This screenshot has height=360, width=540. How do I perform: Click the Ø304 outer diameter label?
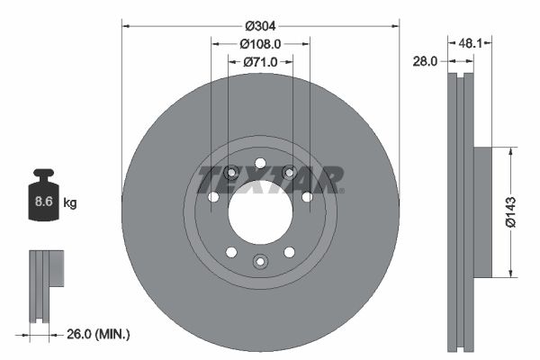click(260, 25)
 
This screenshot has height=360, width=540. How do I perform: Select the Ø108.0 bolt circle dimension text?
click(260, 43)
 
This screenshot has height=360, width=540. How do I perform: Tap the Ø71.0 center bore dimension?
click(260, 62)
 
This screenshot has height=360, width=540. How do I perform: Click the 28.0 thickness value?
click(426, 62)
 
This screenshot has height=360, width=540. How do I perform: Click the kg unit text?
click(70, 203)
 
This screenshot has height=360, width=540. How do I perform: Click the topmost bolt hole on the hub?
click(260, 163)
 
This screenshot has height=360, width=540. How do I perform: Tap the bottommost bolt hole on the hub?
click(260, 261)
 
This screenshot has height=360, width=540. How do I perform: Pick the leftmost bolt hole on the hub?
click(213, 197)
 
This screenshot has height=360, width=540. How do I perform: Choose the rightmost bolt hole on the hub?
click(307, 196)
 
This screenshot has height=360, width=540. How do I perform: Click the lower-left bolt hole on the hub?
click(231, 252)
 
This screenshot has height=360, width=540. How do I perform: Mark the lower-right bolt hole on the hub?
click(289, 252)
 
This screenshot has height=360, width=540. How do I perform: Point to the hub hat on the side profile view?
click(483, 212)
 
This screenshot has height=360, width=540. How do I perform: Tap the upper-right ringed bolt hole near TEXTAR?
click(289, 172)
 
